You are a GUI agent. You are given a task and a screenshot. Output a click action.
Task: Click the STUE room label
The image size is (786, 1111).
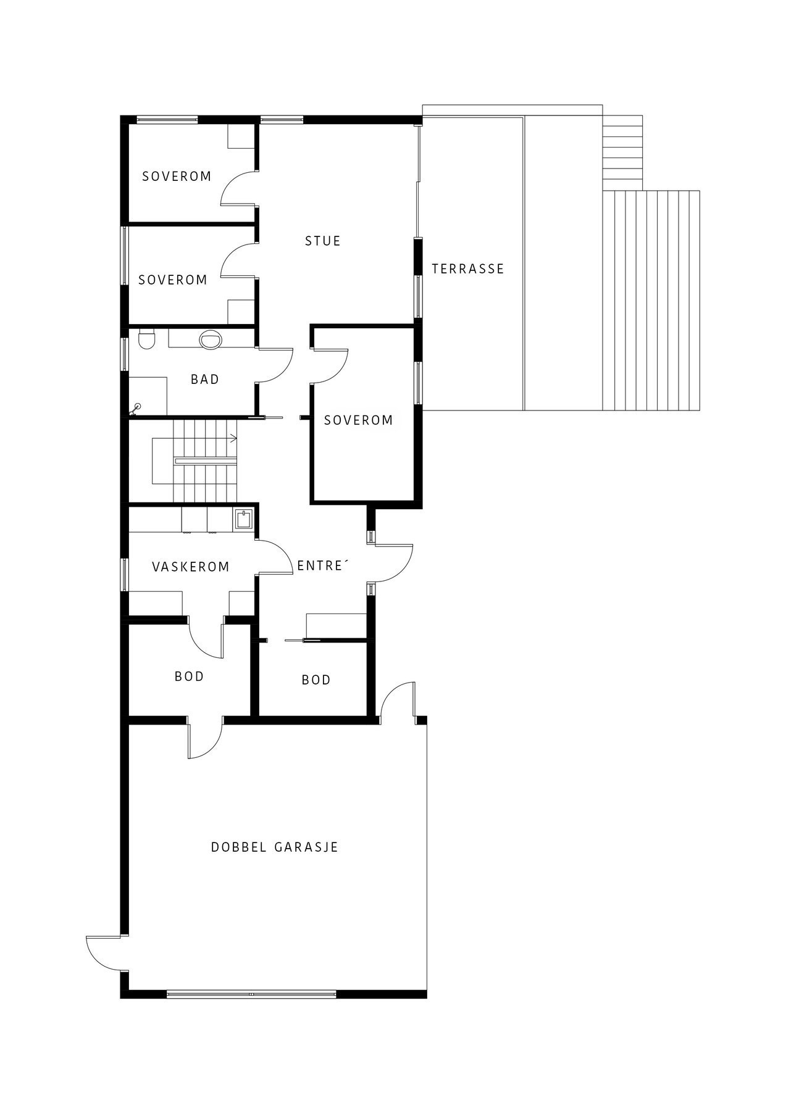[x=322, y=241]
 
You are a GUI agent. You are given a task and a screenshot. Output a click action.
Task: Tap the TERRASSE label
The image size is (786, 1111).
[x=468, y=268]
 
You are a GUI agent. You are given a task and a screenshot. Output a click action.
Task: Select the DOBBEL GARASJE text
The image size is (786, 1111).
[x=275, y=847]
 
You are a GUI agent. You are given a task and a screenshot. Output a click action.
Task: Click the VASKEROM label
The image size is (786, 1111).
[x=191, y=567]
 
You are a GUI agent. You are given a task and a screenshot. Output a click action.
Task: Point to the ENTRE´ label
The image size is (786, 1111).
[x=320, y=566]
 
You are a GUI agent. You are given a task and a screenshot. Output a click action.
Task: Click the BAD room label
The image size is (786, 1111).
[x=205, y=379]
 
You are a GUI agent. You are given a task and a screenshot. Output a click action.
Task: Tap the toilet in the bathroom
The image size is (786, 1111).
[x=146, y=339]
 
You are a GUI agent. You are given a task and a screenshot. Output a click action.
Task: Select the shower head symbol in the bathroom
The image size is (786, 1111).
[x=137, y=407]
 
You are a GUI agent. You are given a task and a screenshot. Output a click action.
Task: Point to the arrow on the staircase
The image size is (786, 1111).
[x=233, y=439]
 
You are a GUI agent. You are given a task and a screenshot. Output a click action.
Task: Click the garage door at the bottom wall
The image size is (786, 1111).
[x=251, y=994]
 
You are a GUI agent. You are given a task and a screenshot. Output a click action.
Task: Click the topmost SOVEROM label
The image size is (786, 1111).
[x=177, y=177]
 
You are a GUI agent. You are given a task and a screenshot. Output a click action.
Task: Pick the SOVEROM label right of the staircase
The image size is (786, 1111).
[x=358, y=420]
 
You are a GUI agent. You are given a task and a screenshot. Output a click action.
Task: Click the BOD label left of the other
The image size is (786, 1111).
[x=189, y=676]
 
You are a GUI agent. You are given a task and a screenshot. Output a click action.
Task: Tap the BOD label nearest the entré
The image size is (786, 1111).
[x=316, y=680]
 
